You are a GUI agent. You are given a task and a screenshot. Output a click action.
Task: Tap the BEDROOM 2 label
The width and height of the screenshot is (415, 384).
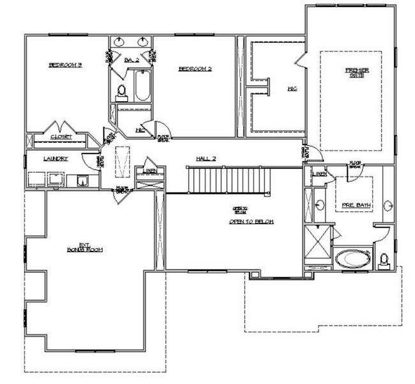point(194,68)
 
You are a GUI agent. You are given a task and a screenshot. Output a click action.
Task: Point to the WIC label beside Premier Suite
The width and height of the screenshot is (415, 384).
point(293,88)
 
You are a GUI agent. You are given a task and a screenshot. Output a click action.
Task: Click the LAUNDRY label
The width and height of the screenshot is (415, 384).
point(56,159)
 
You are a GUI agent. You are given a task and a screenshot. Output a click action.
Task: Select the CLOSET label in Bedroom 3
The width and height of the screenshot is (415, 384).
point(61,137)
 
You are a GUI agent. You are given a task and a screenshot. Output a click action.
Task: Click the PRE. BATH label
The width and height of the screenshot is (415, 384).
point(357,205)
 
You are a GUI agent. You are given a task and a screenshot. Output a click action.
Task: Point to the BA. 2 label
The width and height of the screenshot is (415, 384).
point(132,60)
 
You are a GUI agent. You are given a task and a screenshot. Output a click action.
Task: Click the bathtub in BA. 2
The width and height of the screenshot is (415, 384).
point(142,88)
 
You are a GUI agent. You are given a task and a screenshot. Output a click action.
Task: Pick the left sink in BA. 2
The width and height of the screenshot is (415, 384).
point(120,43)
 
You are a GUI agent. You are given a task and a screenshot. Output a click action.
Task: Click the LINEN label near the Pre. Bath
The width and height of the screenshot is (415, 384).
point(320,173)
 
